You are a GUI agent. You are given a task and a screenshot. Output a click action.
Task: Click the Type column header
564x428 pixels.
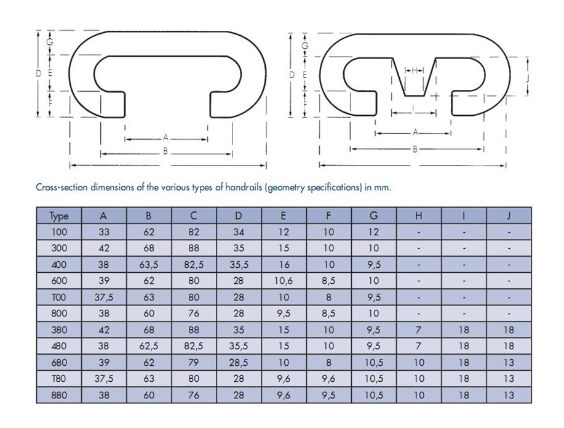pos(59,216)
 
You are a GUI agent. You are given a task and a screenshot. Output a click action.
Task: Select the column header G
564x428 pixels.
pos(374,216)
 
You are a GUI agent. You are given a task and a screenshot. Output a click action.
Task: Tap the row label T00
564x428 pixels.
pos(59,297)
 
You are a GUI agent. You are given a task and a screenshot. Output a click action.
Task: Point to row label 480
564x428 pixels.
pos(59,346)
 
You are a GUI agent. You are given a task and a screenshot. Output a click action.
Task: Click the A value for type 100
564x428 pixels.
pos(103,232)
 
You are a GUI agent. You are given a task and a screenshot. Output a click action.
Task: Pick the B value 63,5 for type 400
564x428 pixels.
pos(149,265)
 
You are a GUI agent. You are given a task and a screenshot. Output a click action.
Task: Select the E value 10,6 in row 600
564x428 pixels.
pos(284,281)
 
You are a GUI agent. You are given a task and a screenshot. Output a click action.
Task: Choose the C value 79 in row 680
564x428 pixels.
pos(194,363)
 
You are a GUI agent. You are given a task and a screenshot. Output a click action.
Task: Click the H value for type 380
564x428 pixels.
pos(418,330)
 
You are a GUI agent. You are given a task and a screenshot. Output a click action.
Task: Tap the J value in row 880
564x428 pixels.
pos(509,395)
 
